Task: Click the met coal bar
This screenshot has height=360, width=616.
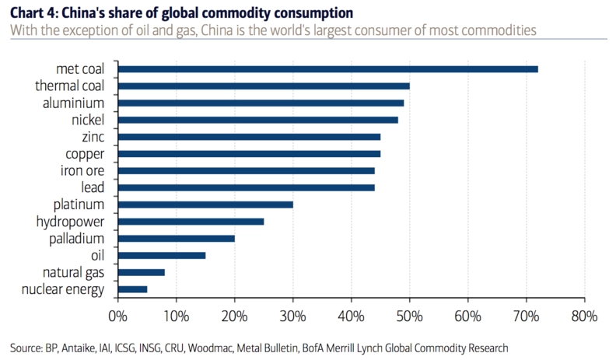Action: [327, 69]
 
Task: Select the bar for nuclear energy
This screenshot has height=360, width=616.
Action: [132, 289]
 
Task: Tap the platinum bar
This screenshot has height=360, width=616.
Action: [205, 204]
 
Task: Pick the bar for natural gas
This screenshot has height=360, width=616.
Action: [141, 272]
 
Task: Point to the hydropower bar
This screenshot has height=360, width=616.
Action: [191, 222]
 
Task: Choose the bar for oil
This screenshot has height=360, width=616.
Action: [162, 255]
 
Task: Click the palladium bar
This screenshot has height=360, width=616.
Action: [176, 239]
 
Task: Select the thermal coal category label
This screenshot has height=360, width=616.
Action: [69, 86]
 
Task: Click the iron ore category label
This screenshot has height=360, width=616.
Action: [82, 171]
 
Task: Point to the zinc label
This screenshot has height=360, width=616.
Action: [92, 137]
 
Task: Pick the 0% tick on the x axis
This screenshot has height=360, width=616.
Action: [117, 316]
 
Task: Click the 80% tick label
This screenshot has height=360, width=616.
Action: [584, 316]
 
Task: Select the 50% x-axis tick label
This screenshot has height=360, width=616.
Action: [409, 316]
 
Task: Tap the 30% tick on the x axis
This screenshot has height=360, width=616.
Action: [292, 316]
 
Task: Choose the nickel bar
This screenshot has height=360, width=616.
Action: [257, 120]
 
